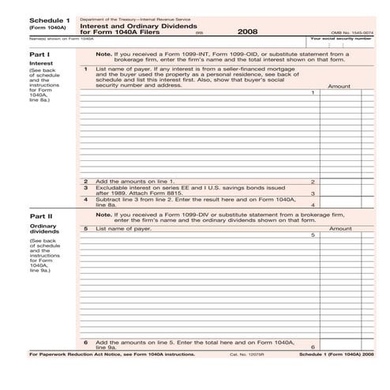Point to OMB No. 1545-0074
353,31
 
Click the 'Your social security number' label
341,38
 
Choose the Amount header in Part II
339,228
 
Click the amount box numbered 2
339,182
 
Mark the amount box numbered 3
339,193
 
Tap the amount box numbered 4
339,204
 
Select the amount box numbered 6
339,347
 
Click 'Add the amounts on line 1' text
135,182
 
